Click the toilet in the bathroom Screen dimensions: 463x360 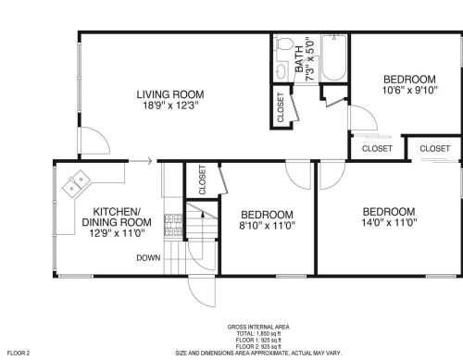[284, 43]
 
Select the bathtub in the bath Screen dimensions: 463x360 [333, 58]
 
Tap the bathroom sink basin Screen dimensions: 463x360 [281, 71]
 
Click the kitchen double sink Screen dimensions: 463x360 [76, 183]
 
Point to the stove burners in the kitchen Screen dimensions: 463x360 [173, 225]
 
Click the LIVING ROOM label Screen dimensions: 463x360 [170, 94]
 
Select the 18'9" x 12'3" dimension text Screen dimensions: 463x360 [170, 106]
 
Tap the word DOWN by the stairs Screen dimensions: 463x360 [148, 258]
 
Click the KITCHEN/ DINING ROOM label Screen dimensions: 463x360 [117, 217]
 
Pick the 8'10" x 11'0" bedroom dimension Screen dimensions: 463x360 [268, 226]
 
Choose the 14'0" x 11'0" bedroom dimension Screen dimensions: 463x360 [389, 222]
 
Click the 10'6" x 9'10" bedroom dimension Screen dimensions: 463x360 [410, 91]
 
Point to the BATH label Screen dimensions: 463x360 [299, 59]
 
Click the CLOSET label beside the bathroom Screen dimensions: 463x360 [281, 107]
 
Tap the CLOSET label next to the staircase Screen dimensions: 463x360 [202, 180]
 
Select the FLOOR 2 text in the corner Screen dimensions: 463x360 [19, 354]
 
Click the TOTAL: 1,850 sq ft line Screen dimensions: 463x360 [258, 333]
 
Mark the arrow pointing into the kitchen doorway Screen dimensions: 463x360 [141, 161]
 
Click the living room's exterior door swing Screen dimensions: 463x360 [95, 141]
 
